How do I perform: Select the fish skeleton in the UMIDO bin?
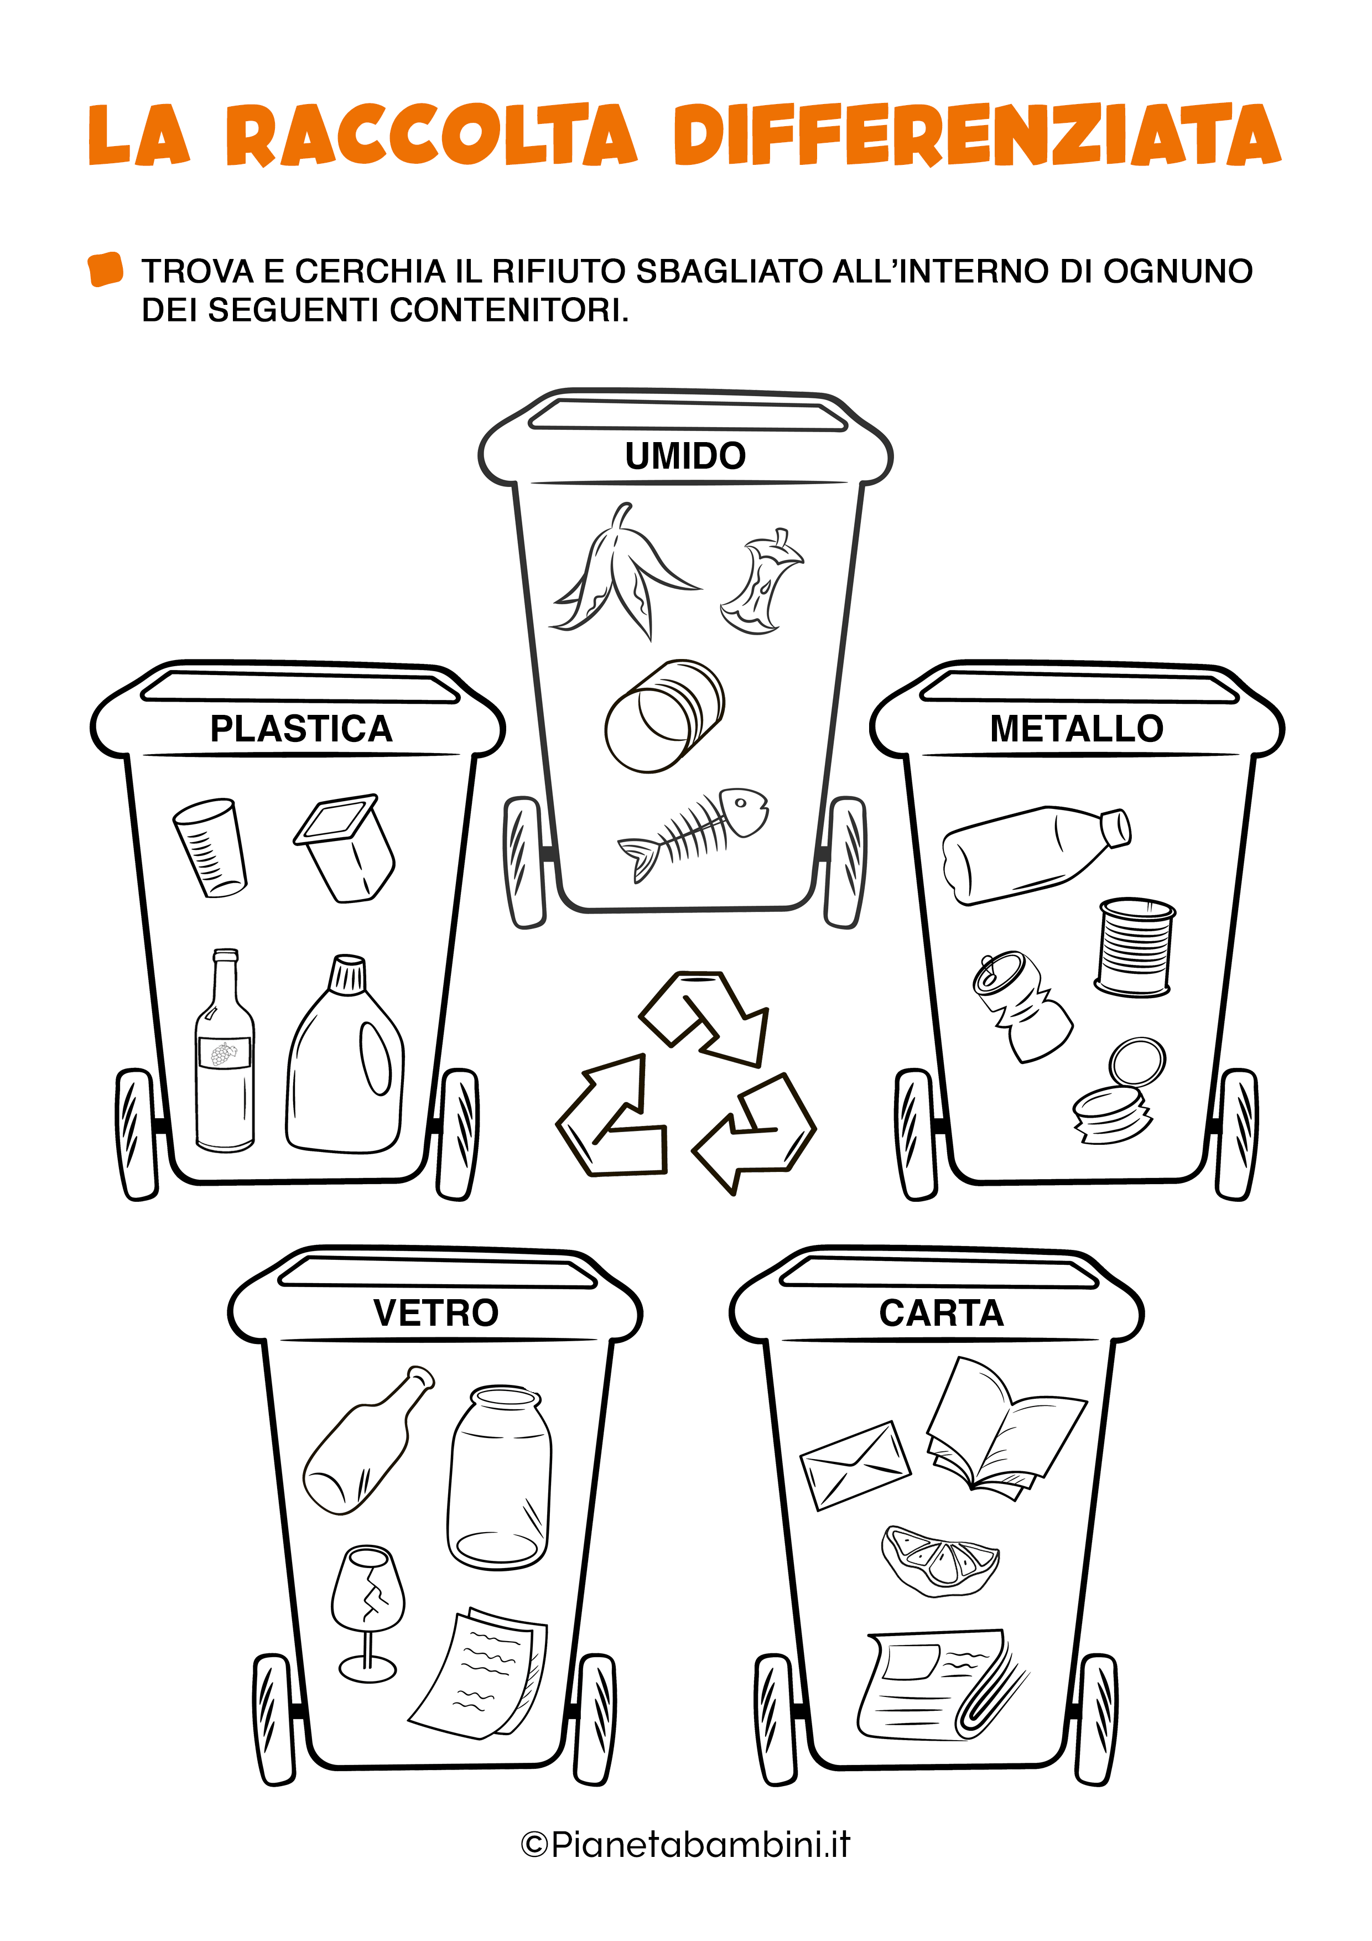pyautogui.click(x=693, y=833)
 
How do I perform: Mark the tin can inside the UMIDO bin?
pyautogui.click(x=664, y=716)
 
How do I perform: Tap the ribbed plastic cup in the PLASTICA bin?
pyautogui.click(x=210, y=847)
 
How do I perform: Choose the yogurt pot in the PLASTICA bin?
pyautogui.click(x=345, y=848)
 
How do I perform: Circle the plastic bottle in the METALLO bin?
pyautogui.click(x=1036, y=854)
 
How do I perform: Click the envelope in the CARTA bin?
pyautogui.click(x=855, y=1466)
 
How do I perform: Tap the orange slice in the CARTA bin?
pyautogui.click(x=940, y=1560)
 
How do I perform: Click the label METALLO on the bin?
pyautogui.click(x=1076, y=729)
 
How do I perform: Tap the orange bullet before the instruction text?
pyautogui.click(x=106, y=269)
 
